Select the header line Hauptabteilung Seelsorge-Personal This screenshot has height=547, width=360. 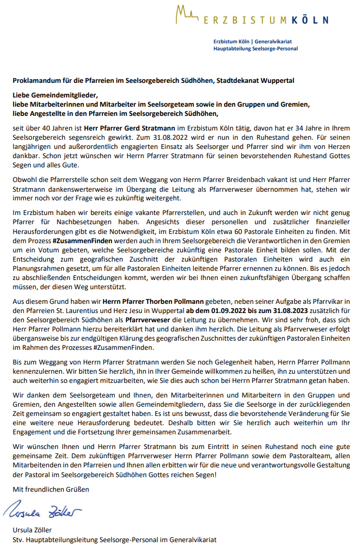(256, 49)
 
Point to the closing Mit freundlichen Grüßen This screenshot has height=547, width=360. (51, 489)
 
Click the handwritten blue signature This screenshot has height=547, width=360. (43, 511)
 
